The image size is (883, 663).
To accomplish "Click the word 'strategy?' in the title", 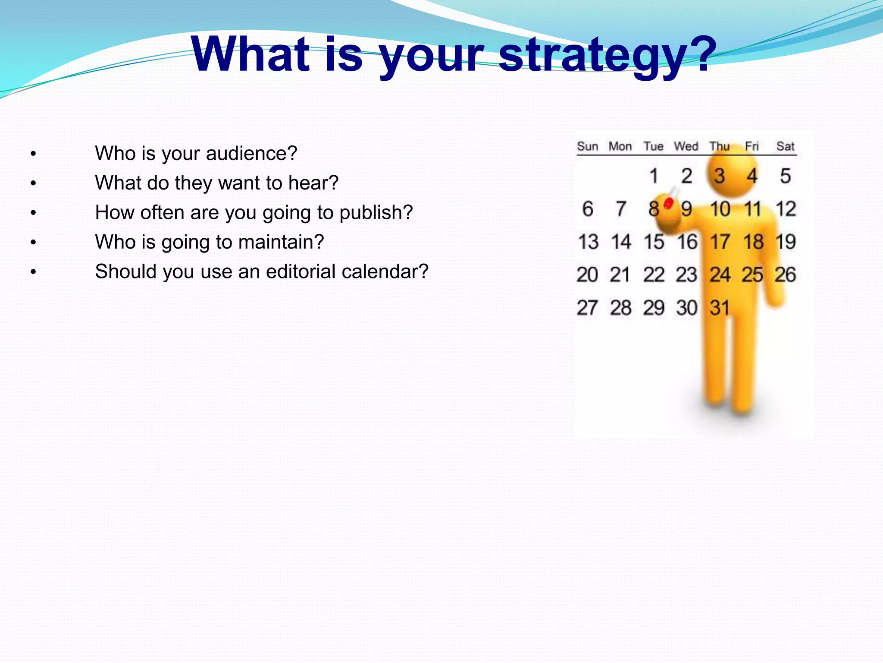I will coord(607,56).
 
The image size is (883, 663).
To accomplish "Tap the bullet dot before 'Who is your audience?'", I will coord(33,154).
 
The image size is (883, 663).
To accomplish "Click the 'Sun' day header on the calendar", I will coord(587,147).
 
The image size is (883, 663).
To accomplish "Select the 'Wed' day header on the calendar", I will coord(686,147).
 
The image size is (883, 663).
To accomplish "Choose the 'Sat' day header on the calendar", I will coord(785,147).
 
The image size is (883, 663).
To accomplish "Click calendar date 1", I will coord(654,176).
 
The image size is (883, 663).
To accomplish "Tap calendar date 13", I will coord(588,242).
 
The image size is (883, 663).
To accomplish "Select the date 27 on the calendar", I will coord(587,308).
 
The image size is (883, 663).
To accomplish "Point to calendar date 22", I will coord(654,275).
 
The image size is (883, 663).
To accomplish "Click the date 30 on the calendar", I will coord(686,308).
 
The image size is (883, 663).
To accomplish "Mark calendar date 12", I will coord(786,209).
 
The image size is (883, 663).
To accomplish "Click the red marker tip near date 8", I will coord(669,203).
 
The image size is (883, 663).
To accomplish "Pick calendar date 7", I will coord(621,209).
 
